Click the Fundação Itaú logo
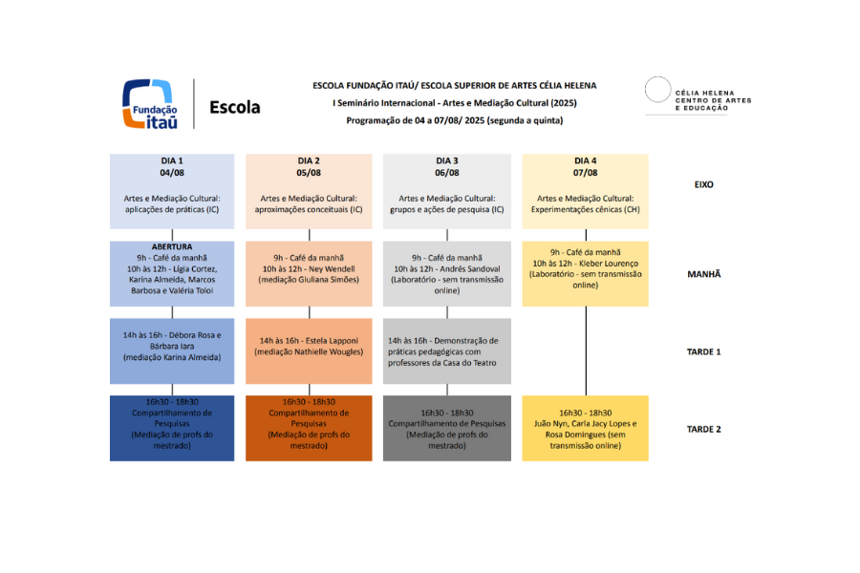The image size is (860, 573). coord(148,104)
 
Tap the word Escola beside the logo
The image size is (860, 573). coord(234,107)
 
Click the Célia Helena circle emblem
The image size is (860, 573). coord(656,90)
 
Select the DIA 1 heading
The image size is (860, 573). coord(172,160)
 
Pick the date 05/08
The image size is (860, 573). coord(309,173)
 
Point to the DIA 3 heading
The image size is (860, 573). coord(447,160)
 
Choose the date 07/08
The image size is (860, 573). coord(586,173)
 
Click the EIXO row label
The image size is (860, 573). coord(704,184)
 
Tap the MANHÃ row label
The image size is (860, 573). coord(704,274)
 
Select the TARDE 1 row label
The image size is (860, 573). coord(704,351)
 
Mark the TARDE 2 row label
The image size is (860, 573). coord(704,429)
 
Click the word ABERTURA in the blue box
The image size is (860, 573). coord(172,246)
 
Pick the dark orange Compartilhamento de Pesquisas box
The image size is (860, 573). coord(309,429)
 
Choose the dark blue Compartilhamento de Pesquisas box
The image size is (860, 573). coord(172,429)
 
